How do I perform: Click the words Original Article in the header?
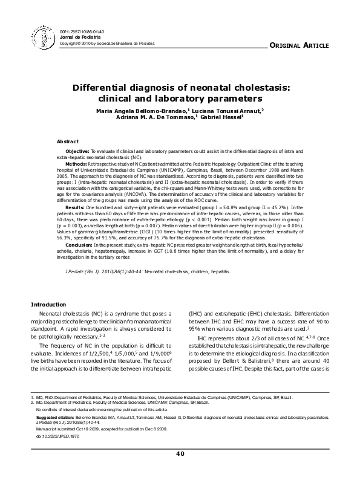pos(299,46)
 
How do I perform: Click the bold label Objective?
pos(77,150)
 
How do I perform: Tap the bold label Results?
pos(75,207)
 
